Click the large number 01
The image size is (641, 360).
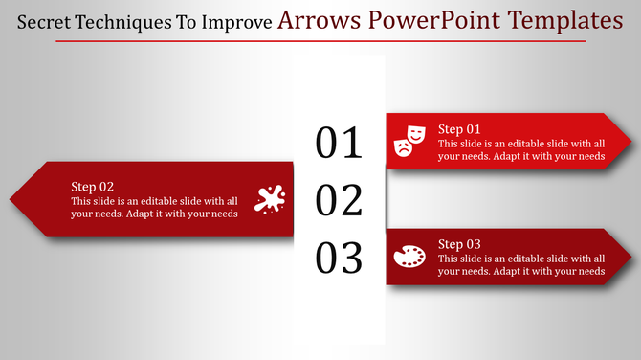(339, 143)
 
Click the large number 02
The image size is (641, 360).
(339, 201)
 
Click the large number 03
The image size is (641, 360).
(339, 259)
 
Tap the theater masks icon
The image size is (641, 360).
(409, 141)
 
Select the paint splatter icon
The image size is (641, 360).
(270, 199)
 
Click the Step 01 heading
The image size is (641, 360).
(459, 129)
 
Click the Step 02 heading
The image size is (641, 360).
(93, 187)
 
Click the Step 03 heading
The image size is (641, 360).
(459, 244)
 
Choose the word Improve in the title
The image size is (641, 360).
(235, 21)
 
